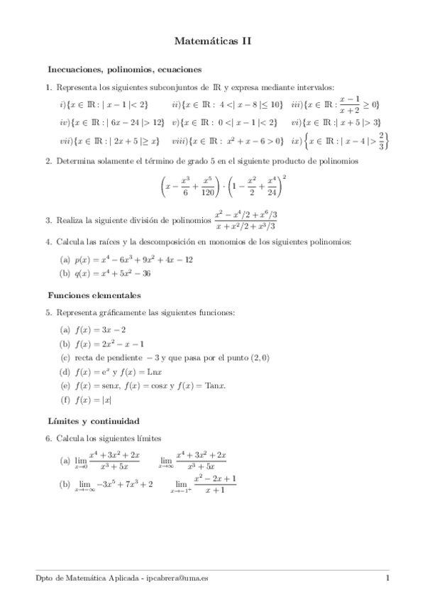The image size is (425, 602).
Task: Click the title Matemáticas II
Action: (212, 42)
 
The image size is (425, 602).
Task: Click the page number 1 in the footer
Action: (387, 578)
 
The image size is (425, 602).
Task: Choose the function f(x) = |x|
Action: (92, 400)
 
